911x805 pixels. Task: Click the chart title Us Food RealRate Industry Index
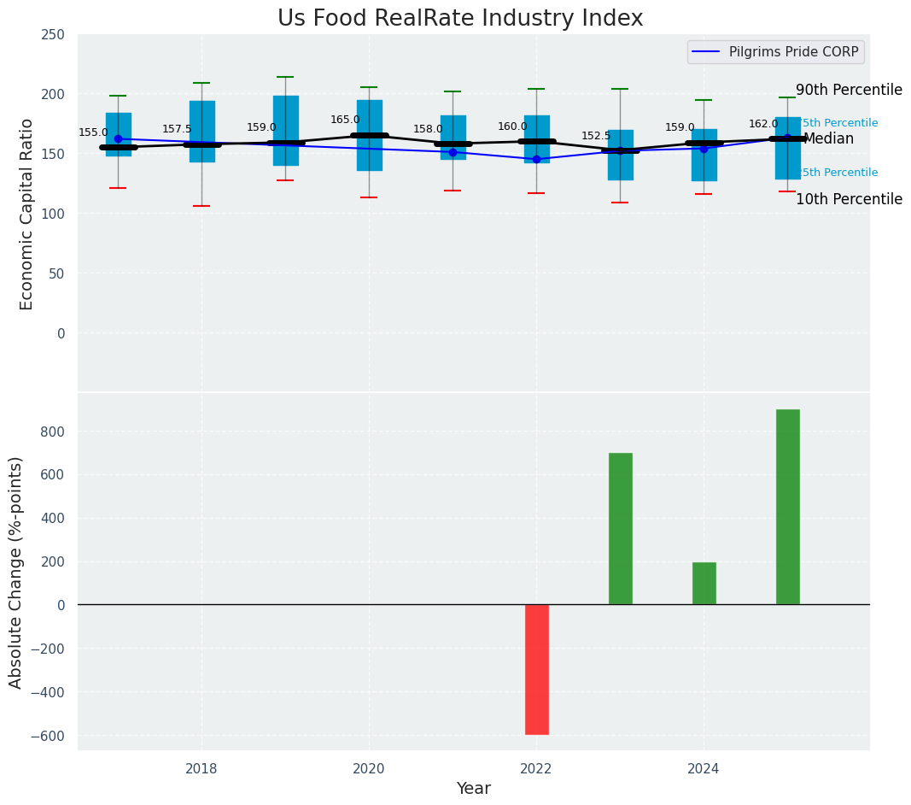pyautogui.click(x=460, y=19)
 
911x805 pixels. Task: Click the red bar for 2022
pyautogui.click(x=536, y=669)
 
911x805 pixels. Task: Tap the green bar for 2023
pyautogui.click(x=620, y=528)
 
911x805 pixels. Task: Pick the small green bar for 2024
pyautogui.click(x=704, y=583)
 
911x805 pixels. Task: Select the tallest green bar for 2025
pyautogui.click(x=787, y=507)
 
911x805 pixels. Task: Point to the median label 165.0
pyautogui.click(x=346, y=120)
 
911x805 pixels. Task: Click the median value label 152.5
pyautogui.click(x=596, y=137)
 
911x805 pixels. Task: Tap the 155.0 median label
pyautogui.click(x=94, y=133)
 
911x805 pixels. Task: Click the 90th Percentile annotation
pyautogui.click(x=849, y=91)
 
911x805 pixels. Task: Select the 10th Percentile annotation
pyautogui.click(x=849, y=200)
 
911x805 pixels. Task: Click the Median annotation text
pyautogui.click(x=828, y=139)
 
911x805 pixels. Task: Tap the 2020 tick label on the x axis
pyautogui.click(x=369, y=769)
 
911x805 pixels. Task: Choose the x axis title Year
pyautogui.click(x=473, y=789)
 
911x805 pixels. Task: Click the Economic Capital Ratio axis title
pyautogui.click(x=26, y=214)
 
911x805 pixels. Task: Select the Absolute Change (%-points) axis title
pyautogui.click(x=16, y=572)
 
